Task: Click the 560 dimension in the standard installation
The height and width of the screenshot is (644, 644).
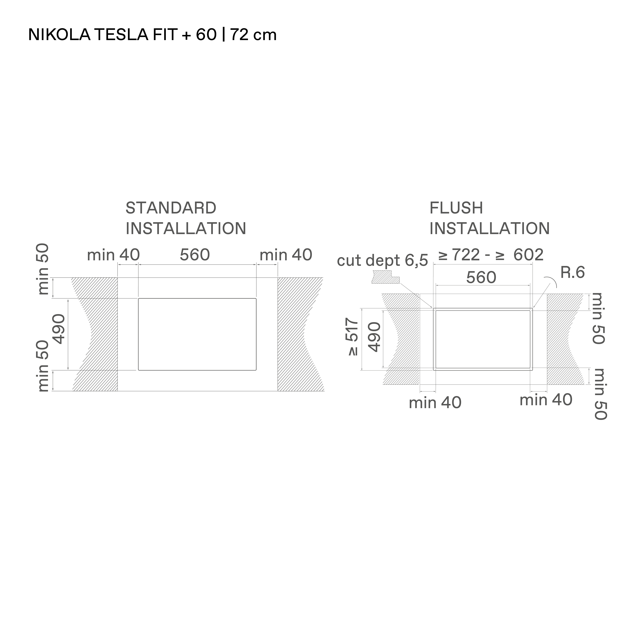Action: (x=195, y=255)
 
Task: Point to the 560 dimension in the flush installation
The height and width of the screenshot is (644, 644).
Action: (x=481, y=277)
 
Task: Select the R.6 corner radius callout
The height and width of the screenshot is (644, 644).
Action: (x=572, y=273)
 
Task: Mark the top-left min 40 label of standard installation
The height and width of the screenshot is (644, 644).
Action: (x=113, y=255)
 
